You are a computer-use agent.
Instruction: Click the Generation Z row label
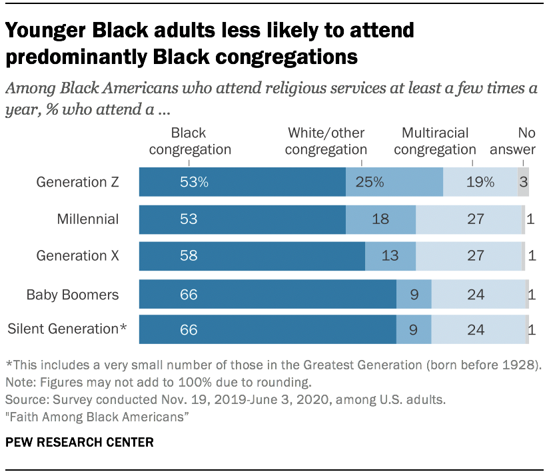(77, 182)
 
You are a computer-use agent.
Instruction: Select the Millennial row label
(88, 219)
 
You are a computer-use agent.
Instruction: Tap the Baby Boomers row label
(73, 294)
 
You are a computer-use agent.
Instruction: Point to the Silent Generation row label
(67, 329)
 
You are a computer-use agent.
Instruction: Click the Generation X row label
(77, 256)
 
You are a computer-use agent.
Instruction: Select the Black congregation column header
(189, 141)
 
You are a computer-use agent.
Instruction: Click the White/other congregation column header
(326, 141)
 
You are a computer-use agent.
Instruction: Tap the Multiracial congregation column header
(435, 141)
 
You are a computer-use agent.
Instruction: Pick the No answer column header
(512, 141)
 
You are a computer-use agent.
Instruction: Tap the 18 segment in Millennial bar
(380, 219)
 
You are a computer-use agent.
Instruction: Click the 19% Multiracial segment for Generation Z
(480, 182)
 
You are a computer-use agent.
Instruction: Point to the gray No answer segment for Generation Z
(523, 182)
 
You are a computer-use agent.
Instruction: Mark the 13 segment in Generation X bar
(390, 256)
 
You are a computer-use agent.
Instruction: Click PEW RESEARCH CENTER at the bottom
(79, 442)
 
